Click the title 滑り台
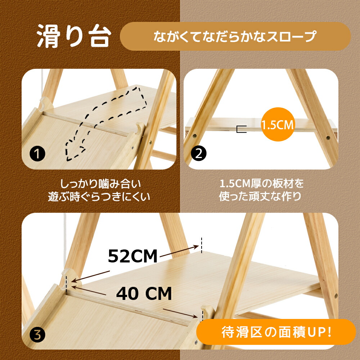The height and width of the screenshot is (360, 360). [74, 36]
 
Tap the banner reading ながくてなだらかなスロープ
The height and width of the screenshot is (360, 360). [235, 36]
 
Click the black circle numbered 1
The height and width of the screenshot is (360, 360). [37, 154]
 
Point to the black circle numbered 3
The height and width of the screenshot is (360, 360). [37, 334]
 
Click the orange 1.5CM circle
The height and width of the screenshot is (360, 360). [278, 124]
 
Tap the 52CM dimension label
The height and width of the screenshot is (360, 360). [133, 256]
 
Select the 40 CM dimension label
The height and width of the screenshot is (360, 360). [144, 293]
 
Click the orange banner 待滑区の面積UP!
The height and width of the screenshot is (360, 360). [276, 332]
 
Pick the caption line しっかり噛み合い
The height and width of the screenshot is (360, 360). [100, 184]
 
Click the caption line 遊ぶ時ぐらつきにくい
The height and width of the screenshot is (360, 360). [99, 197]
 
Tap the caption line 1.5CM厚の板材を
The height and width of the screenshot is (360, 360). [262, 184]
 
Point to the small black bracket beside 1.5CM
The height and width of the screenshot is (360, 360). [241, 129]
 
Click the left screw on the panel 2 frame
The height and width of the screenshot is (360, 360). [195, 136]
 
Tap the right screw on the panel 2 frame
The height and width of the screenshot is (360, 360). [328, 138]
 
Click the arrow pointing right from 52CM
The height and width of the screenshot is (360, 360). [179, 251]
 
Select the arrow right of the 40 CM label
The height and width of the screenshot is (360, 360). [180, 313]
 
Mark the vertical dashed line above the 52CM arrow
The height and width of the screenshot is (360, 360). [202, 245]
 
